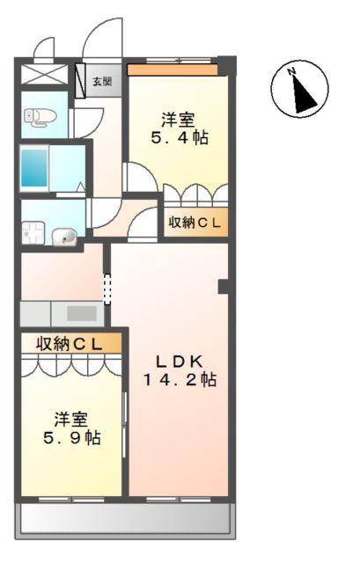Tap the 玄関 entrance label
point(102,82)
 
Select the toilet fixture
point(38,115)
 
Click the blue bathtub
point(34,166)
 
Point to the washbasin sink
point(64,235)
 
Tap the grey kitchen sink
point(80,313)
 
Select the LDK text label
point(180,361)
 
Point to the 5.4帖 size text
point(179,138)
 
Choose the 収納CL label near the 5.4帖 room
point(195,223)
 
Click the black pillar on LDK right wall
point(224,286)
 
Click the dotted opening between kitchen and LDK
point(107,289)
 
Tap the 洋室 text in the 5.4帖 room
point(179,119)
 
